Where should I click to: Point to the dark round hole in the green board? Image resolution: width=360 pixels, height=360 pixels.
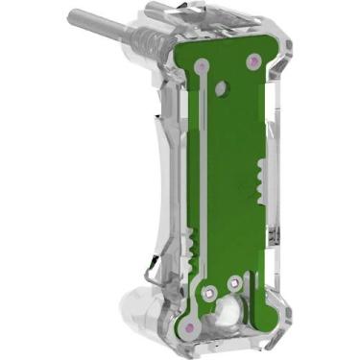click(222, 87)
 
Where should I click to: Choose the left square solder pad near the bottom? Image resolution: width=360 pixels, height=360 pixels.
click(210, 287)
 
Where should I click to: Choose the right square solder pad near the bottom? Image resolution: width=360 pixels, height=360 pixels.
click(234, 283)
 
